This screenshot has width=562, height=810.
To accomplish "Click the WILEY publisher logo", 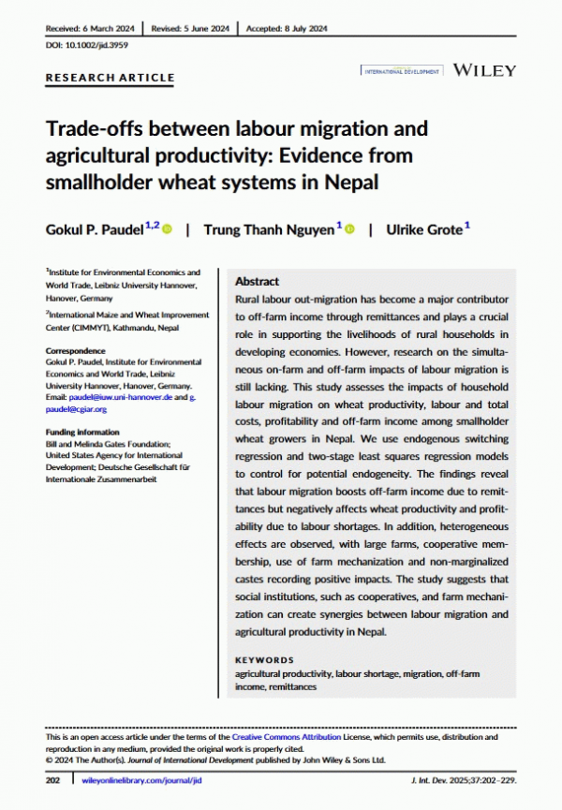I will pos(484,70).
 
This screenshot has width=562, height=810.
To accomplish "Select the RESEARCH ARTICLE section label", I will pos(110,78).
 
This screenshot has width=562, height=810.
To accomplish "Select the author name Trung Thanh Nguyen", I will pos(269,230).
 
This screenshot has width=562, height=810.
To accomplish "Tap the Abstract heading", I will pos(257,281).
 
